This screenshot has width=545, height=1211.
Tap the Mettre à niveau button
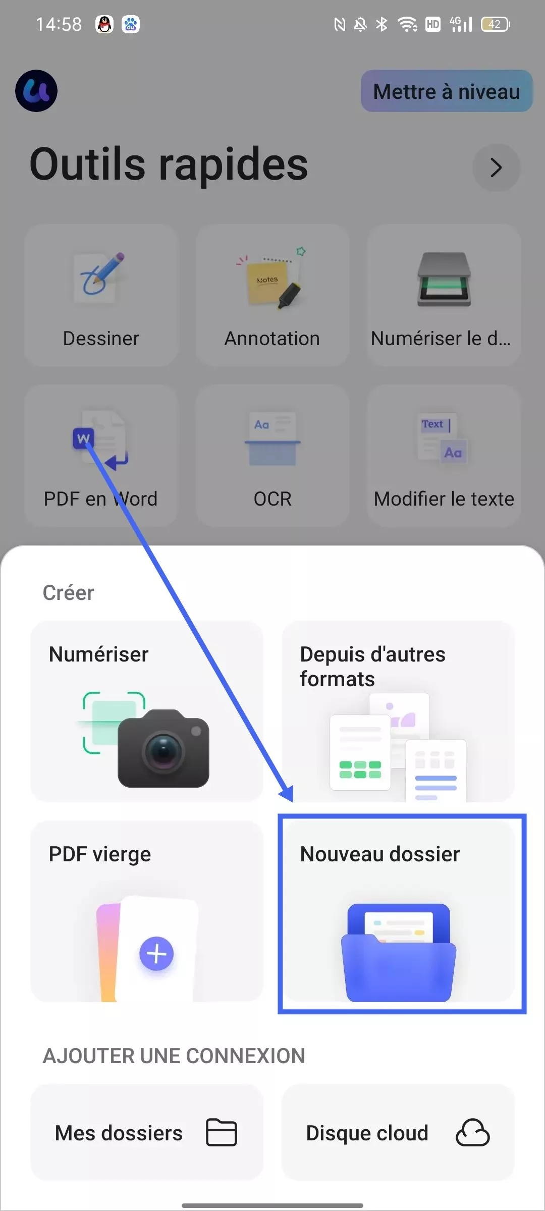pos(447,91)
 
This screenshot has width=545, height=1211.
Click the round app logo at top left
pos(36,91)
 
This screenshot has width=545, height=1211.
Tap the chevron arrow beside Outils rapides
pos(496,168)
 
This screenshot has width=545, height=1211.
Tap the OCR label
pos(272,499)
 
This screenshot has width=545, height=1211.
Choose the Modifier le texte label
pos(444,499)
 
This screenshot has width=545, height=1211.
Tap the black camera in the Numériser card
pos(163,749)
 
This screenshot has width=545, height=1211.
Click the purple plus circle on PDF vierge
pos(156,954)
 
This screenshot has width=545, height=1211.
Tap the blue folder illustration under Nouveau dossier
pos(399,953)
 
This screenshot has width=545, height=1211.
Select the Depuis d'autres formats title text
pos(372,666)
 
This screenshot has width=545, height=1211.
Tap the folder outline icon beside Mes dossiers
pos(222,1132)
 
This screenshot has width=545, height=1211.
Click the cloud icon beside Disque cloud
pos(472,1133)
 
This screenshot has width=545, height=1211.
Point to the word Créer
pos(69,593)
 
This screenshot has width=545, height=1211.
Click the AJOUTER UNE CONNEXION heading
pos(174,1056)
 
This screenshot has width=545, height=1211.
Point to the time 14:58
pos(59,24)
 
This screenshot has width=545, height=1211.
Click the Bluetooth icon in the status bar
pos(382,24)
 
